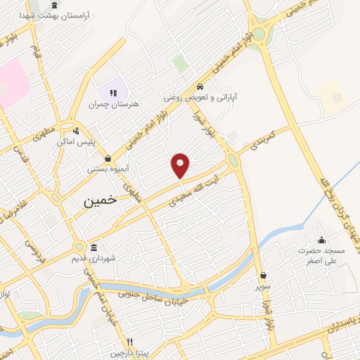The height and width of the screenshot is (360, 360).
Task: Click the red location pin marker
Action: pos(181,165)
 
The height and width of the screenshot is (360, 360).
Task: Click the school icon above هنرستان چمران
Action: pos(112,92)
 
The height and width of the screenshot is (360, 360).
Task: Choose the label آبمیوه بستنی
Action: pos(108,169)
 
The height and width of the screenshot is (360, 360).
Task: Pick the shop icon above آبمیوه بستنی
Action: pos(107,158)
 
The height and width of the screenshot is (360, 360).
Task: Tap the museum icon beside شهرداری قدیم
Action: pos(94,247)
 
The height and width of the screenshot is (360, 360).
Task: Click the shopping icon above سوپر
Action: pos(264,276)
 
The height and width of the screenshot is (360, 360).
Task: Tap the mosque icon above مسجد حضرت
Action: pos(321,240)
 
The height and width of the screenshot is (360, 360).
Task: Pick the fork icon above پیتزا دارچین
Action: pos(129,342)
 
